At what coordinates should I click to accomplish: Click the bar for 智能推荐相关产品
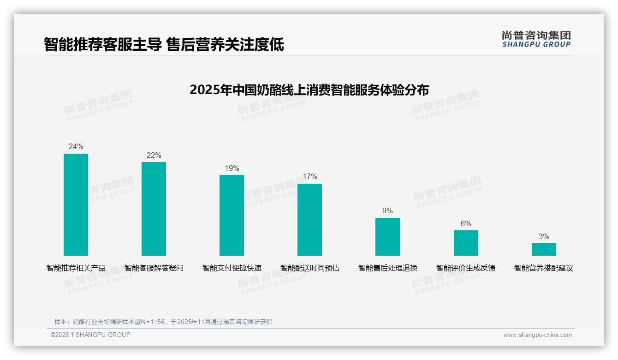pyautogui.click(x=76, y=204)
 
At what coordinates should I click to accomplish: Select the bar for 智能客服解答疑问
pyautogui.click(x=154, y=209)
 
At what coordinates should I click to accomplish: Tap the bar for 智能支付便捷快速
pyautogui.click(x=232, y=215)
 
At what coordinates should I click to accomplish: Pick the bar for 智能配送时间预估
pyautogui.click(x=309, y=220)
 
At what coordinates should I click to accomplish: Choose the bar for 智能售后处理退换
pyautogui.click(x=387, y=237)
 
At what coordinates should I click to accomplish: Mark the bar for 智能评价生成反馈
pyautogui.click(x=466, y=243)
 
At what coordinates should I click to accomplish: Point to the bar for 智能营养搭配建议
pyautogui.click(x=544, y=249)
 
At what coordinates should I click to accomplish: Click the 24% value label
pyautogui.click(x=76, y=147)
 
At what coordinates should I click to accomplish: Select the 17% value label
pyautogui.click(x=309, y=177)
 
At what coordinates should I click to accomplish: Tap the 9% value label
pyautogui.click(x=387, y=211)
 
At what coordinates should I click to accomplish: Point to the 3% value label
pyautogui.click(x=544, y=237)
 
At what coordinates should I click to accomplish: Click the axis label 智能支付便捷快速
pyautogui.click(x=232, y=268)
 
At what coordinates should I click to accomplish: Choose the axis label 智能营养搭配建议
pyautogui.click(x=544, y=268)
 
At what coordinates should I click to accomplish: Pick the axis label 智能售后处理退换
pyautogui.click(x=387, y=268)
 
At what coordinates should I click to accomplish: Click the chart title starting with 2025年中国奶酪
pyautogui.click(x=309, y=90)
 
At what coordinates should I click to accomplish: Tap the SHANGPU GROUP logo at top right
pyautogui.click(x=536, y=39)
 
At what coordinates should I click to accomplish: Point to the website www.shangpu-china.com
pyautogui.click(x=537, y=335)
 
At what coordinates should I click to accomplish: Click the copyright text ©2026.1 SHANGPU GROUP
pyautogui.click(x=90, y=335)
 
